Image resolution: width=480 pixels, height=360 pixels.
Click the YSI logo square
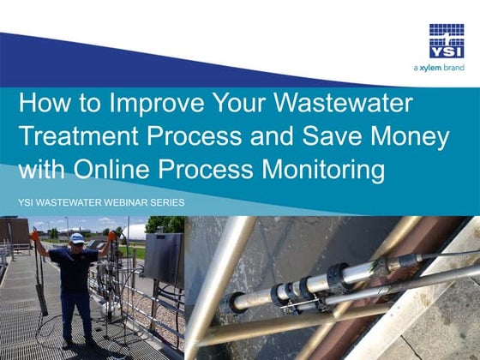(447, 41)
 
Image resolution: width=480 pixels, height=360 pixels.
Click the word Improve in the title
(145, 105)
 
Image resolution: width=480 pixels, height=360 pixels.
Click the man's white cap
(76, 237)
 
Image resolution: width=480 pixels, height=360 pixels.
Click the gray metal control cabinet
(163, 258)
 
